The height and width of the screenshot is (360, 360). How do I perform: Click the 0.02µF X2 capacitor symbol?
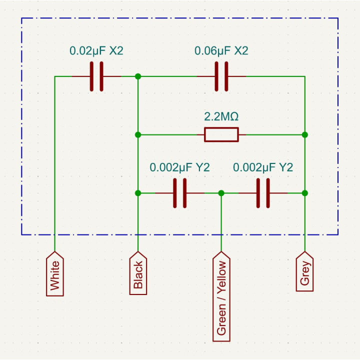point(96,76)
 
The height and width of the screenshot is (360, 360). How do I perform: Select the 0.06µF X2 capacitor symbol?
point(221,76)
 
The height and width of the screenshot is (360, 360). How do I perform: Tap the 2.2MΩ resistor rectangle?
point(221,135)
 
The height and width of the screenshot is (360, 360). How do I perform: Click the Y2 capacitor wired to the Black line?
point(180,193)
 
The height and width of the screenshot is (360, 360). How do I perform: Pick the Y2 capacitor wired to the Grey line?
point(263,193)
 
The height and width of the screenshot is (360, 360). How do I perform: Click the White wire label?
point(55,274)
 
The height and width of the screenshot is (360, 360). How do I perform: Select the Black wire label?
point(138,273)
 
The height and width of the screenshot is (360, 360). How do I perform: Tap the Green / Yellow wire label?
point(221,296)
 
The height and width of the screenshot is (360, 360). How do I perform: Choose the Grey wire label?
point(304,271)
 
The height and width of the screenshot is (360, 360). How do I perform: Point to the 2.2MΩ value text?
point(221,116)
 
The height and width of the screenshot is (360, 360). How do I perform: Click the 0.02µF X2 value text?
point(96,50)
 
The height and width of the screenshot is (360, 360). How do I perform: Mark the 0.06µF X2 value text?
point(221,50)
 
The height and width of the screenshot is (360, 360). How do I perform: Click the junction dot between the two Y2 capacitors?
point(221,193)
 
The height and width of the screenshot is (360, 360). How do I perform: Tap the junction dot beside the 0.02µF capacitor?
point(138,76)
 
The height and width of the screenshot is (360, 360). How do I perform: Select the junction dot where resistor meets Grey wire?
point(305,135)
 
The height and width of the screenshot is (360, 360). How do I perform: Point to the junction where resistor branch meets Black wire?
point(138,135)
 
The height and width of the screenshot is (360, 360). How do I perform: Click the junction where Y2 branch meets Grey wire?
point(305,193)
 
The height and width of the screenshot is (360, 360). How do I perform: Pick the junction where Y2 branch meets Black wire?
point(138,193)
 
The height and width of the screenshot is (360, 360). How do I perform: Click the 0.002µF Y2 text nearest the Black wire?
point(180,167)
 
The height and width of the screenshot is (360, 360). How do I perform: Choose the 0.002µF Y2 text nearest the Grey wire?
point(263,167)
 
